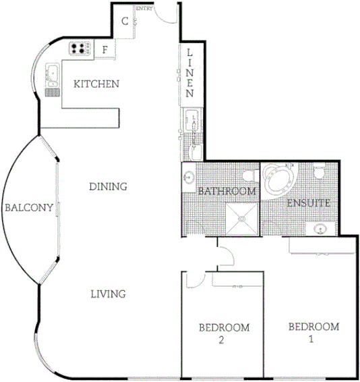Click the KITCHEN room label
(x=96, y=84)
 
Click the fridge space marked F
(x=106, y=49)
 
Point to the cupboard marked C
(x=125, y=20)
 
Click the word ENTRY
(x=144, y=9)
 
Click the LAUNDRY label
(x=193, y=128)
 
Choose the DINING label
(x=108, y=186)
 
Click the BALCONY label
(x=28, y=208)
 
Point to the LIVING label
(x=108, y=294)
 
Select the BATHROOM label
(x=227, y=192)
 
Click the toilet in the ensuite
(x=320, y=173)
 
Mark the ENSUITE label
(x=307, y=202)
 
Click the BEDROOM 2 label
(x=224, y=333)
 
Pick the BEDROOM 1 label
(x=313, y=333)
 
